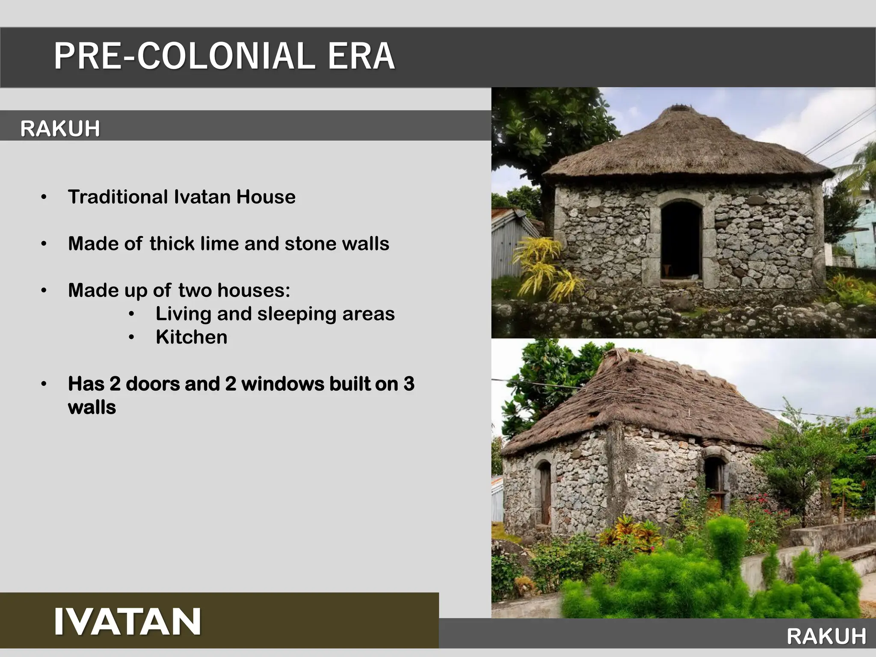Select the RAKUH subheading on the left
pyautogui.click(x=60, y=128)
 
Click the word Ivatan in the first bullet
pyautogui.click(x=202, y=197)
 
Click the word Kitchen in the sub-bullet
pyautogui.click(x=191, y=337)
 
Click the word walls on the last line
pyautogui.click(x=92, y=407)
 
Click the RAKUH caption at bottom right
pyautogui.click(x=826, y=636)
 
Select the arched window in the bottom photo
pyautogui.click(x=714, y=479)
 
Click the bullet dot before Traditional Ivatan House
pyautogui.click(x=44, y=197)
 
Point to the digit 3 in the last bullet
pyautogui.click(x=408, y=384)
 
